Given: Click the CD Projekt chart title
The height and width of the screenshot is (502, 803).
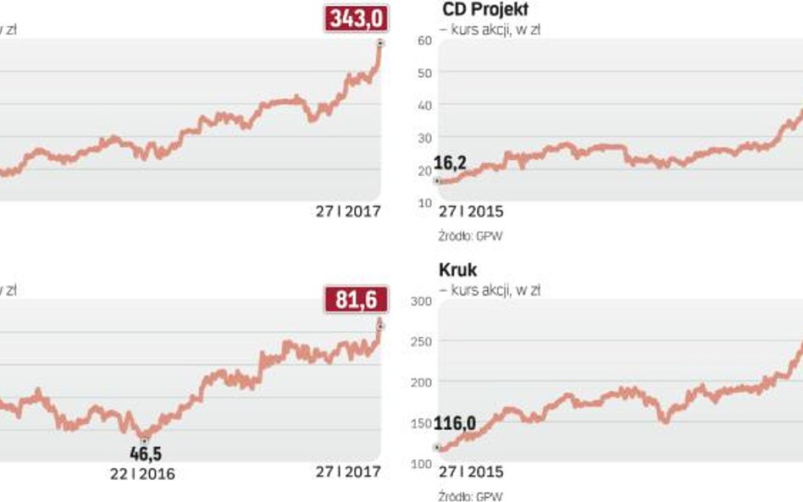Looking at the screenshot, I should pos(485,10).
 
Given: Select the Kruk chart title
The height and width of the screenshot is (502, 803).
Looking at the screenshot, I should pos(459,270).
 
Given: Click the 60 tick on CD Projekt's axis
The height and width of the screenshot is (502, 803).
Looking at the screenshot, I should pos(424,40).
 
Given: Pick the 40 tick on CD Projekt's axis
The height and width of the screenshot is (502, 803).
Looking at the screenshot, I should pos(424,105).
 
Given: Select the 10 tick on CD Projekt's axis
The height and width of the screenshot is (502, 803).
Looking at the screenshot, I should pos(424,201).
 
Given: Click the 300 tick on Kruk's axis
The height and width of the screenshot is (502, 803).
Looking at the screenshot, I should pos(421,301).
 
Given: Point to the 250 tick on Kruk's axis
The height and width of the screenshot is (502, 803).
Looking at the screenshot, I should pos(421,341).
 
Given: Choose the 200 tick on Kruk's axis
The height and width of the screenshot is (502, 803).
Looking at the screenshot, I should pos(421,382).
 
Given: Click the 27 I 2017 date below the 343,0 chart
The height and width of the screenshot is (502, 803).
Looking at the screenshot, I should pos(348,212).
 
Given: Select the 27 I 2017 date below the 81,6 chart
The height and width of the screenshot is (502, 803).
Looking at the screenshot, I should pos(348,472).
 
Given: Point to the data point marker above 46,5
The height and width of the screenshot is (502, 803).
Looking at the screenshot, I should pos(145,439).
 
